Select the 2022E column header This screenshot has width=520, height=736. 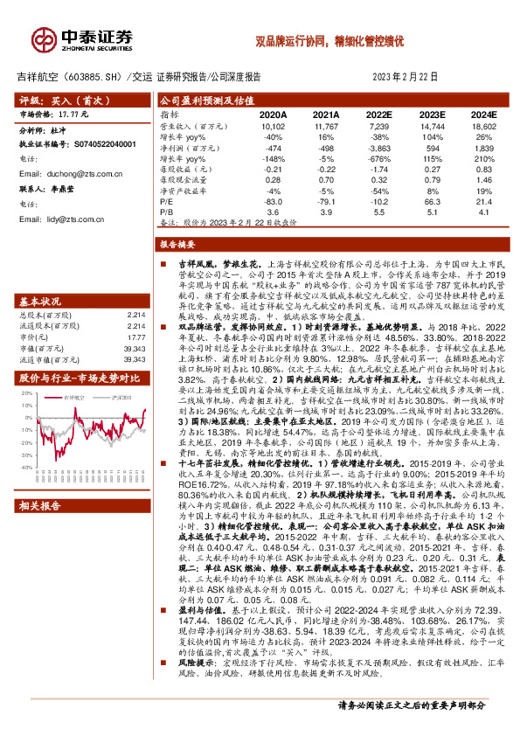[378, 115]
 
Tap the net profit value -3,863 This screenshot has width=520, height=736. [378, 149]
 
